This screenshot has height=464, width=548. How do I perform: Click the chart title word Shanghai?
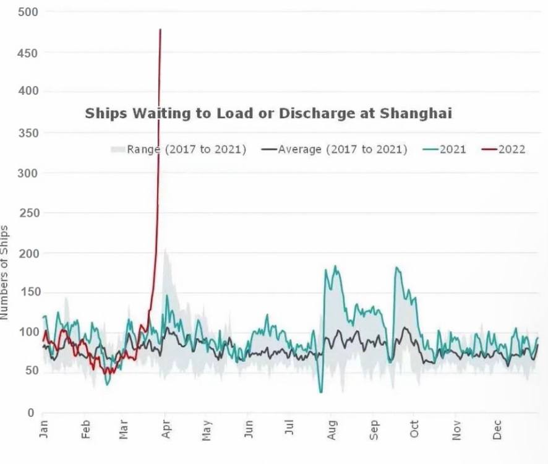[416, 113]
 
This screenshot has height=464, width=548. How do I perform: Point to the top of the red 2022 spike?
[160, 30]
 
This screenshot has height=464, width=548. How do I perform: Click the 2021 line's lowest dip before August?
[321, 391]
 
